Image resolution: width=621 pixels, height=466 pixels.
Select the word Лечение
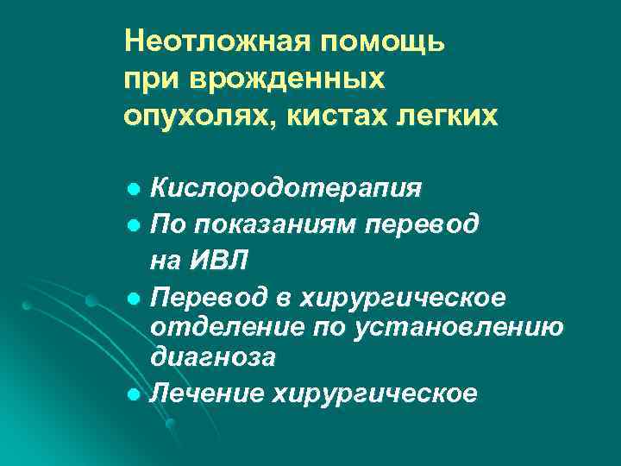pos(206,393)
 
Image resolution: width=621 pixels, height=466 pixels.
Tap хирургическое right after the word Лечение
pos(374,394)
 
